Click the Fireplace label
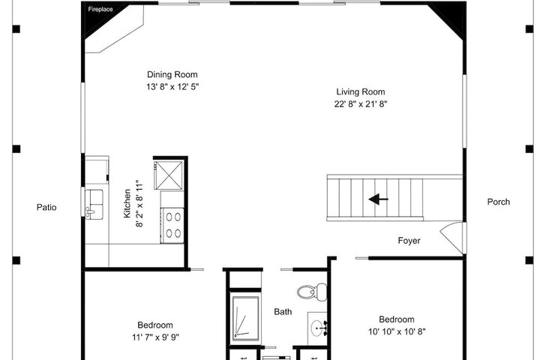point(100,9)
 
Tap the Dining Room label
point(172,74)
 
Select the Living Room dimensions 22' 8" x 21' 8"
point(361,104)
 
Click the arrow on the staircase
point(378,199)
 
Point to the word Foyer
point(409,241)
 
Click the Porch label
point(498,202)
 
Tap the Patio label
point(46,208)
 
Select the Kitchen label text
point(127,203)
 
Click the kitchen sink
point(94,204)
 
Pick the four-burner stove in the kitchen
point(173,226)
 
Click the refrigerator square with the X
point(169,175)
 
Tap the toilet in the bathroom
point(312,292)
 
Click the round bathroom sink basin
point(316,326)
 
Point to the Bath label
point(283,312)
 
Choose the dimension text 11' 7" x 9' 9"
point(156,337)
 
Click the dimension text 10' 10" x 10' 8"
point(397,331)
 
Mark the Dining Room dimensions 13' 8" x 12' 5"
point(172,87)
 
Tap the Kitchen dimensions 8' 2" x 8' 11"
point(139,203)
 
